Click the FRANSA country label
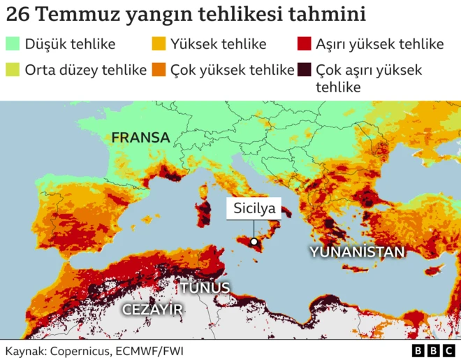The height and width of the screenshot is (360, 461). (140, 138)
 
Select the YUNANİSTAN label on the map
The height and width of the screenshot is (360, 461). (358, 252)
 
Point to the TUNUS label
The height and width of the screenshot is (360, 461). (205, 287)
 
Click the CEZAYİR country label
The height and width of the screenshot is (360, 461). (152, 309)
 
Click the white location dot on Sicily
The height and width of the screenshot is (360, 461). (254, 242)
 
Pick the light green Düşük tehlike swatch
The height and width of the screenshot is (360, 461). (13, 45)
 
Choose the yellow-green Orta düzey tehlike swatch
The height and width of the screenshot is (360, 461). (13, 70)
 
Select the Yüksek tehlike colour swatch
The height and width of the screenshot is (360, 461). (159, 45)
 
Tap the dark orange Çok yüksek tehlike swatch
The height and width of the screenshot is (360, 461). (159, 70)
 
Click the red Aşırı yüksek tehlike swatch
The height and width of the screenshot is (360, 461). (304, 45)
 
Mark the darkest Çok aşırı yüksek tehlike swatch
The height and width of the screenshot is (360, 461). (304, 70)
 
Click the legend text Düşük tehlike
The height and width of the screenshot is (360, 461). (70, 45)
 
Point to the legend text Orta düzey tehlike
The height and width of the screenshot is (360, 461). (85, 70)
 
